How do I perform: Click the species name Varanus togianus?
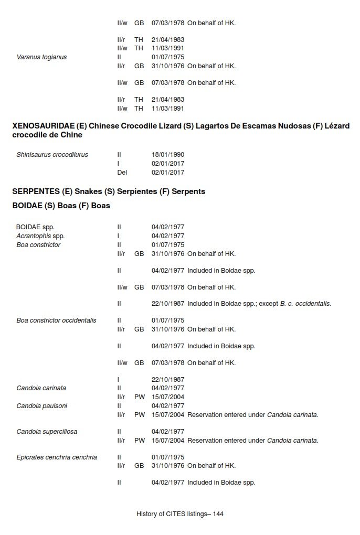pos(41,57)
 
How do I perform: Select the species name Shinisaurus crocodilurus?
pos(52,155)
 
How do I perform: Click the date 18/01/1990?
pos(168,155)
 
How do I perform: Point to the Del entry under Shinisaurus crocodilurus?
pos(122,173)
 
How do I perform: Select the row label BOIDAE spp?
pos(35,227)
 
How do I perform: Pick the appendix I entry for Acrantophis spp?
pos(119,236)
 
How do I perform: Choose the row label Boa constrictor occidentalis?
pos(56,320)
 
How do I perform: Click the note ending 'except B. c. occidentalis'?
pos(259,304)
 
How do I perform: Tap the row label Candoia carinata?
pos(41,388)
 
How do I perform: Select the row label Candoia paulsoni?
pos(41,406)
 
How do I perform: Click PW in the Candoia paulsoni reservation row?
pos(139,415)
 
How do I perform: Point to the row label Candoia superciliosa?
pos(47,432)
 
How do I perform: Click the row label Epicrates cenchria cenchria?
pos(57,457)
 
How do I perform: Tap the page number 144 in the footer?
pos(218,514)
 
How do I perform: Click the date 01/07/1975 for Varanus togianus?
pos(168,57)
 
